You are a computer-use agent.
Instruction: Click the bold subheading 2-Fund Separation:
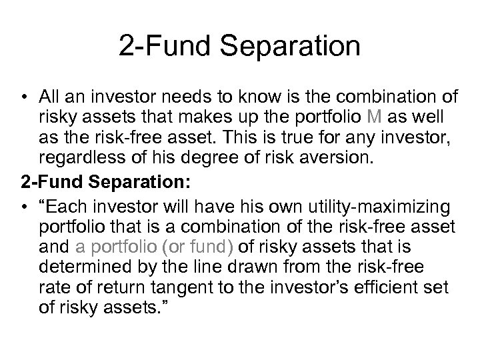pos(96,181)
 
